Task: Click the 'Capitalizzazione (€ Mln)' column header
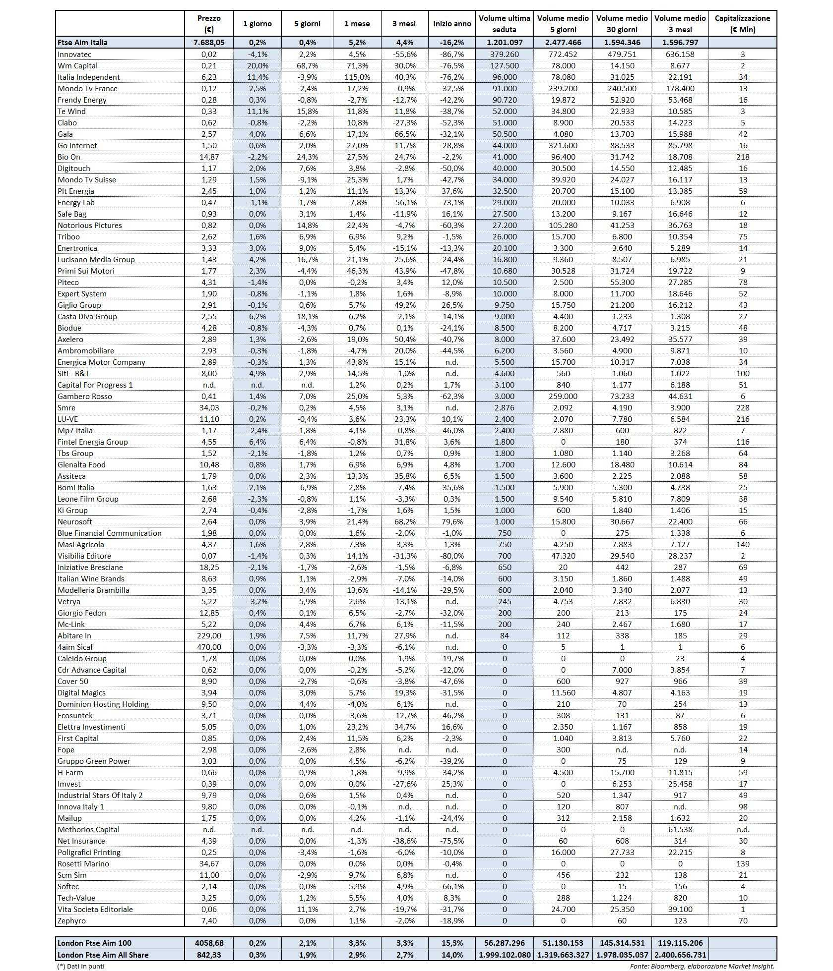(x=742, y=23)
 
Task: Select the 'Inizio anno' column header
(x=452, y=23)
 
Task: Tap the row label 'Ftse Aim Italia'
(x=82, y=43)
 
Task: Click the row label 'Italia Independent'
(x=89, y=77)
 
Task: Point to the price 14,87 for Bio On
(x=209, y=157)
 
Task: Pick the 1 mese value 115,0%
(x=357, y=77)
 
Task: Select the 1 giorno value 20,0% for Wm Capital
(x=257, y=65)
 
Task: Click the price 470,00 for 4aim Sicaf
(x=209, y=647)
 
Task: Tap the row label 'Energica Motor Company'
(x=101, y=362)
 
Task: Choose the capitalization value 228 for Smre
(x=743, y=407)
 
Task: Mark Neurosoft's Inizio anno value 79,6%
(x=452, y=521)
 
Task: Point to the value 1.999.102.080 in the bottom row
(x=505, y=955)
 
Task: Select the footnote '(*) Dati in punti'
(x=80, y=966)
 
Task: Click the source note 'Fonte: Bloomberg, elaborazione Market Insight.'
(x=702, y=966)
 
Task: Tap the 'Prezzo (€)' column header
(x=209, y=23)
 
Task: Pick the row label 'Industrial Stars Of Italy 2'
(x=100, y=795)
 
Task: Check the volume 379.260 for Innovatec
(x=505, y=54)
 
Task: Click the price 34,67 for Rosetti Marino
(x=209, y=863)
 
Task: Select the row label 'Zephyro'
(x=71, y=920)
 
